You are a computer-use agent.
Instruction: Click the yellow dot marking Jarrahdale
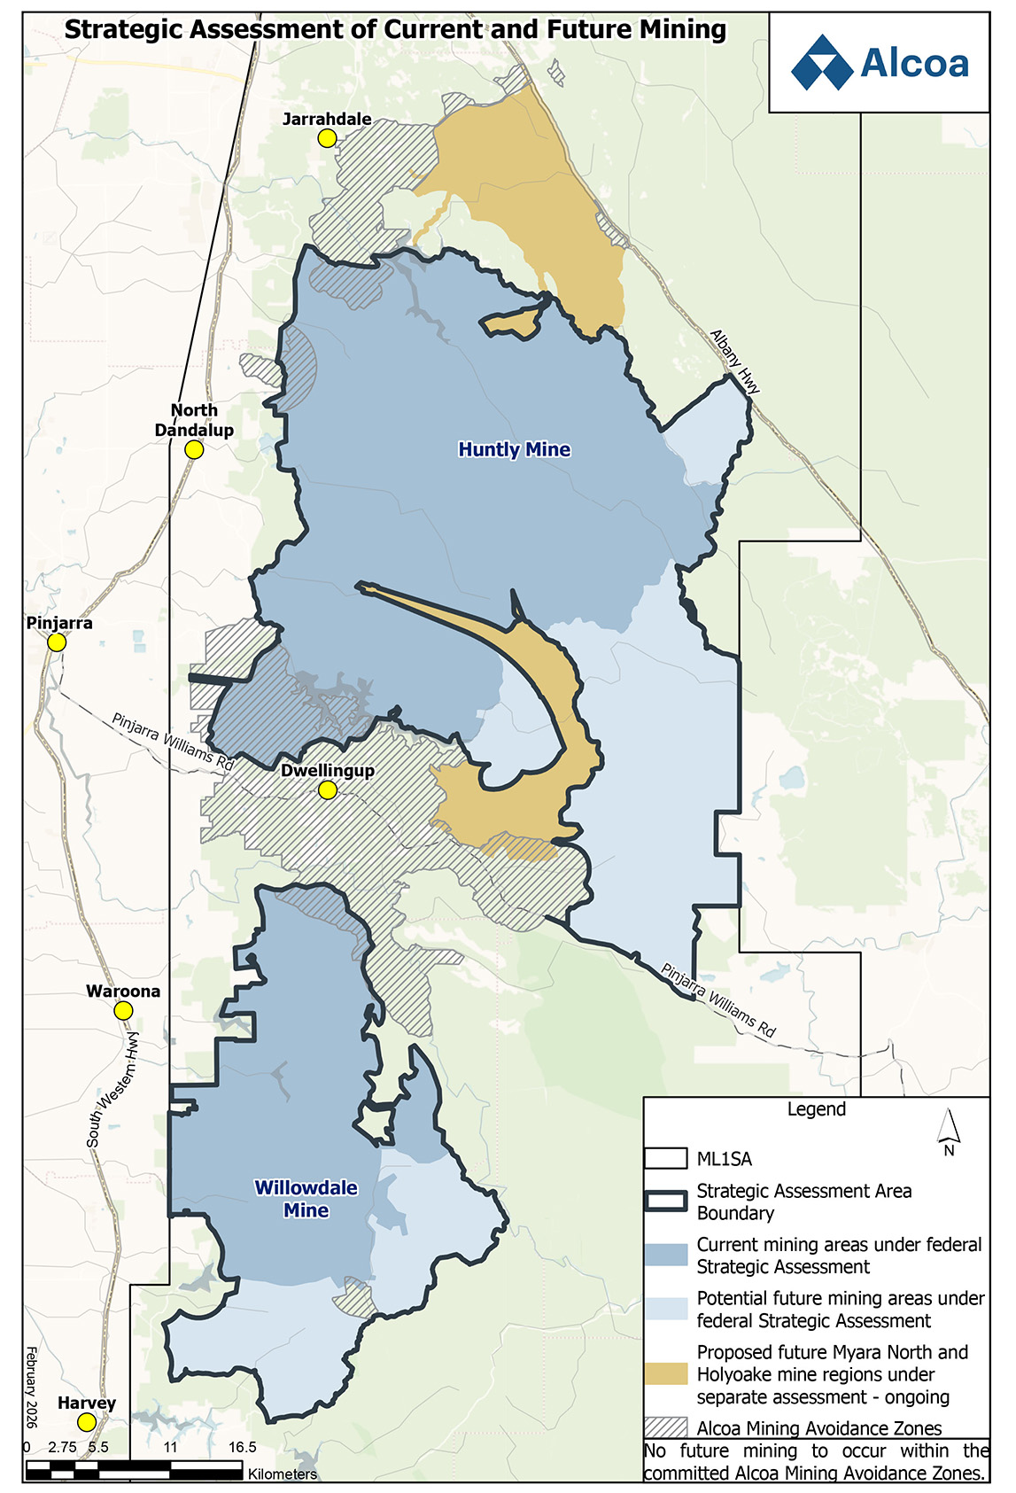(x=327, y=138)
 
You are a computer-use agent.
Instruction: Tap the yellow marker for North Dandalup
(x=194, y=450)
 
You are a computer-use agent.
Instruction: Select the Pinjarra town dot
(x=57, y=642)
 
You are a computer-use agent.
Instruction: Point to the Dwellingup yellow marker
(x=328, y=789)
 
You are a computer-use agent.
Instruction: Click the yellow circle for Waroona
(x=124, y=1011)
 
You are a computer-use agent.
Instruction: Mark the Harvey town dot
(x=87, y=1422)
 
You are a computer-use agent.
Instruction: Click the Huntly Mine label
(x=514, y=449)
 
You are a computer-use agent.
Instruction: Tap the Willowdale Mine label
(x=306, y=1199)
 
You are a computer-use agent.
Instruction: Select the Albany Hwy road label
(x=735, y=362)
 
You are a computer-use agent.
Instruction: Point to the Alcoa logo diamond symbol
(x=823, y=63)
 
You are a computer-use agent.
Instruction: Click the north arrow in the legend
(x=949, y=1131)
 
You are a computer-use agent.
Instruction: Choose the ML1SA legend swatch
(x=666, y=1159)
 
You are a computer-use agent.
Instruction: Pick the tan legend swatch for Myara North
(x=666, y=1374)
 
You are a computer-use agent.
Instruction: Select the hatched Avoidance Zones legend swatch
(x=666, y=1427)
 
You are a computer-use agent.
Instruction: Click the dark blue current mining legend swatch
(x=666, y=1256)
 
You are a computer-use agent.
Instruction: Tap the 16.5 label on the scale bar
(x=242, y=1447)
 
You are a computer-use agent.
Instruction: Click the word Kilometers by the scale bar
(x=283, y=1474)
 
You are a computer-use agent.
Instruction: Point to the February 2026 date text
(x=32, y=1387)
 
